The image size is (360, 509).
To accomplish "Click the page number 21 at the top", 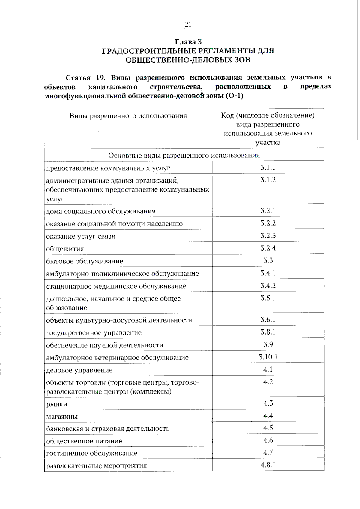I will coord(188,25).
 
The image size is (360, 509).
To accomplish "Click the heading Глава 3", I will coord(188,42).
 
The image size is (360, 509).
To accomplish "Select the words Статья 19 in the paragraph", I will coord(85,78).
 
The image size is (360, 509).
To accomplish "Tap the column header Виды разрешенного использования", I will coord(128,116).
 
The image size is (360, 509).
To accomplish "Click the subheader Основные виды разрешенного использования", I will coord(184,155).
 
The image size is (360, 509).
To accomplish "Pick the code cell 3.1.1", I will coord(268,167).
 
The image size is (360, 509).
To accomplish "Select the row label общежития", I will coord(65,249).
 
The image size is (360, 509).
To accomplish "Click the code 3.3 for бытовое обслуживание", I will coord(268,260).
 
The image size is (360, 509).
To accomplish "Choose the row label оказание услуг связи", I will coord(81,236).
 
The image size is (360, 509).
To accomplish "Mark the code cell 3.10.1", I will coord(268,357).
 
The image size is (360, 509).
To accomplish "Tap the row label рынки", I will coord(57,404).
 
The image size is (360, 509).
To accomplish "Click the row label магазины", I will coord(62,417).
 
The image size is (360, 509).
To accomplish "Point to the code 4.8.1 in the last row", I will coord(268,465).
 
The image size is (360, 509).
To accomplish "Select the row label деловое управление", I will coord(79,370).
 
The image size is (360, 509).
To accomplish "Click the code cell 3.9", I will coord(268,344).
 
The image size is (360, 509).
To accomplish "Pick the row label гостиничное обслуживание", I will coord(92,453).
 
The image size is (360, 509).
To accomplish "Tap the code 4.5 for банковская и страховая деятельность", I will coord(268,428).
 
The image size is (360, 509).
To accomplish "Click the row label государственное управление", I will coord(94,333).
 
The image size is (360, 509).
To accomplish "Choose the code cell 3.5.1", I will coord(268,298).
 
